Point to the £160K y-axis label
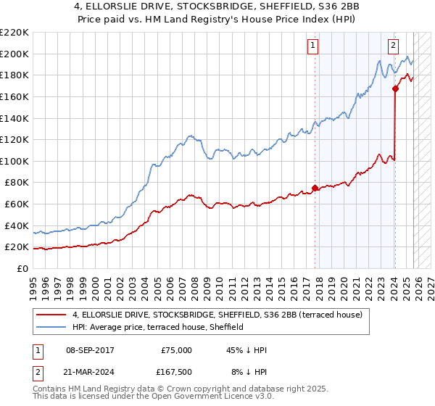14,96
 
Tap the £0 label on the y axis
23,268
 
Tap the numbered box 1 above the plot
313,45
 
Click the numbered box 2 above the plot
393,45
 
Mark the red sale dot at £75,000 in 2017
315,188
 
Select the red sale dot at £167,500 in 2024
395,89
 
